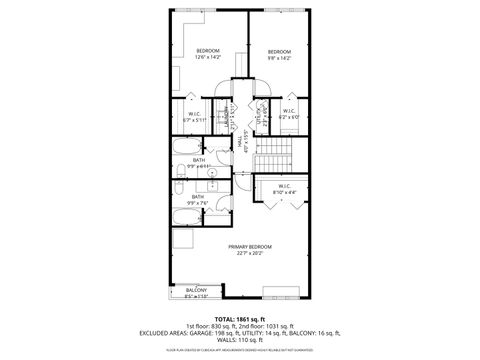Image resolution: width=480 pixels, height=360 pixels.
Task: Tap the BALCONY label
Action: pyautogui.click(x=195, y=290)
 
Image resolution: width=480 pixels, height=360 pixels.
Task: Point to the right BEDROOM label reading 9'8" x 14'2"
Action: pyautogui.click(x=279, y=52)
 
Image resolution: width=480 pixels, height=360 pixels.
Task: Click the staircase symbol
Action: pyautogui.click(x=270, y=155)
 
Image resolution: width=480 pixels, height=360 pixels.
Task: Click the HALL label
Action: pyautogui.click(x=241, y=143)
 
